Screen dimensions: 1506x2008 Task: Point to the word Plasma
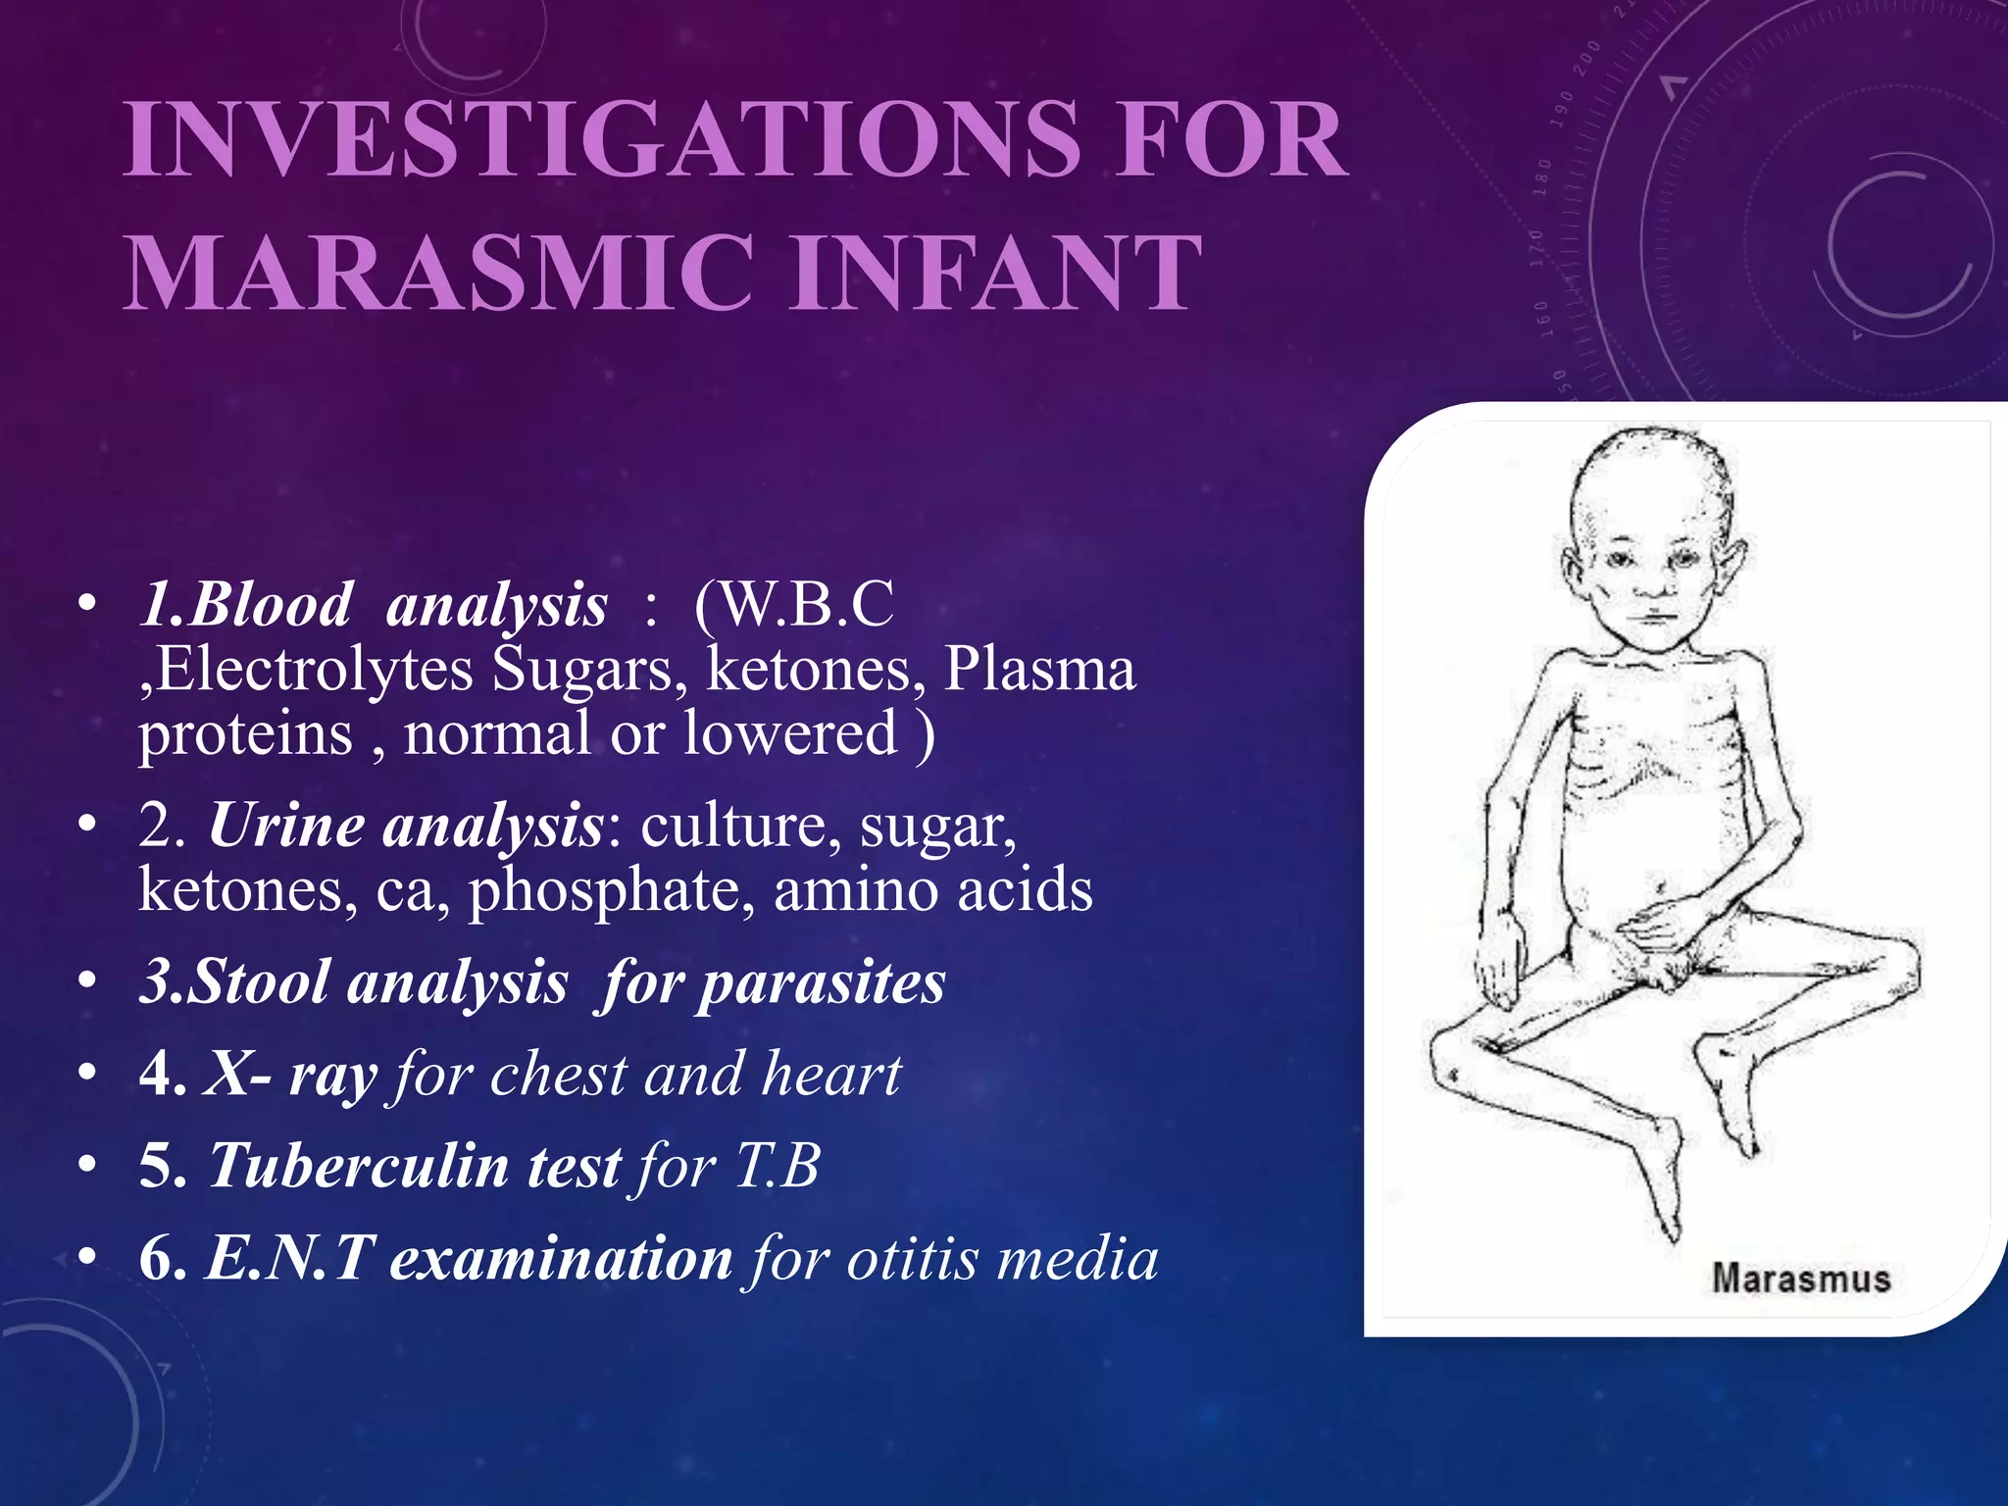(x=1039, y=671)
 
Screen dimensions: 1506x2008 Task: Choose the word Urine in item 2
(x=286, y=826)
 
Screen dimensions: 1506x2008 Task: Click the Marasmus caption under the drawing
(x=1800, y=1279)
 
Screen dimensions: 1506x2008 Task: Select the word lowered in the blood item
(x=790, y=733)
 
